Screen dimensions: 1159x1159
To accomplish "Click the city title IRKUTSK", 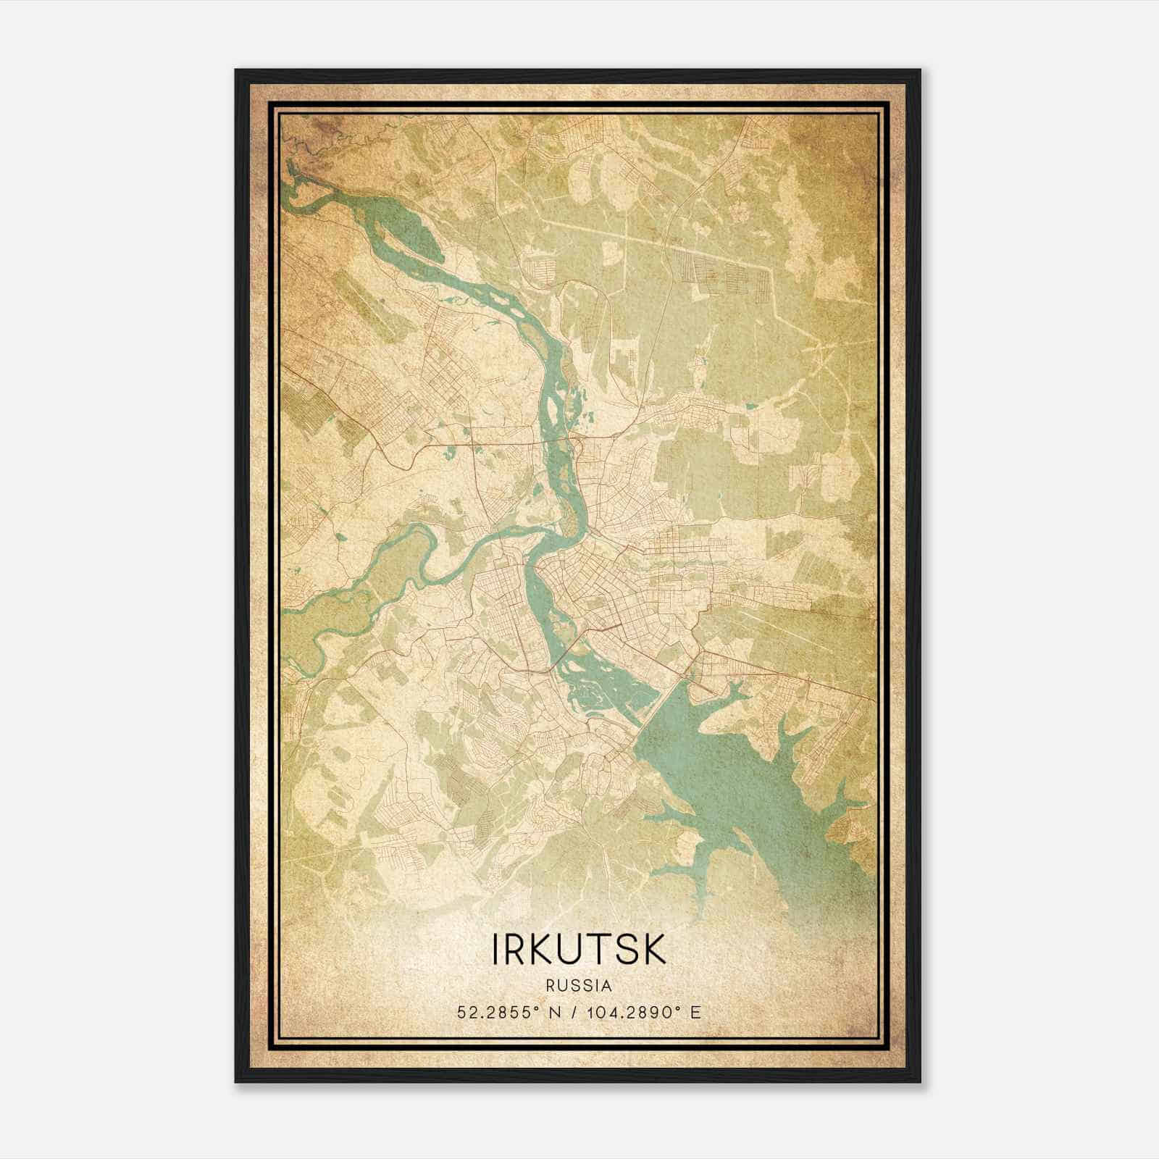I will pyautogui.click(x=579, y=950).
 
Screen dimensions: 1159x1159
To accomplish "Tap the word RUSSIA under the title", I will pyautogui.click(x=579, y=986).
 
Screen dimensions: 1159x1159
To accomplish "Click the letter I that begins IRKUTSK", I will pyautogui.click(x=496, y=950).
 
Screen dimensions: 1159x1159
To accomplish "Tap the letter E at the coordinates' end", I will pyautogui.click(x=696, y=1012).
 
